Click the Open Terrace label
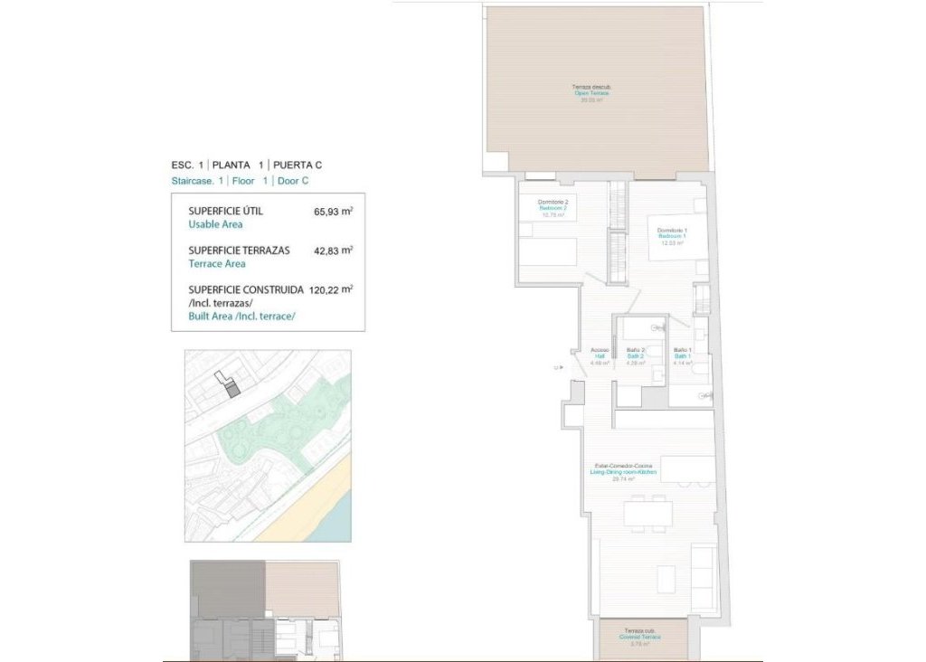point(591,93)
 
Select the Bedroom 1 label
point(671,236)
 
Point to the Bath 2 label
point(635,356)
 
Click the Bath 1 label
point(683,356)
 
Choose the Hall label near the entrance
point(600,356)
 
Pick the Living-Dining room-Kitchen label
point(623,472)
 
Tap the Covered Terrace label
point(640,637)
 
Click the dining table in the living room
point(647,514)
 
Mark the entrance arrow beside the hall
point(562,367)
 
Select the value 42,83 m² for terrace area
point(333,251)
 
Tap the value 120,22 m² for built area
point(330,289)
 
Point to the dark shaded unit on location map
point(231,390)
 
